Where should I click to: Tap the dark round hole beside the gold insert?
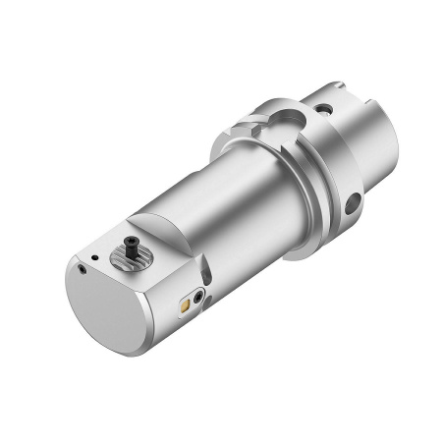pos(201,295)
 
